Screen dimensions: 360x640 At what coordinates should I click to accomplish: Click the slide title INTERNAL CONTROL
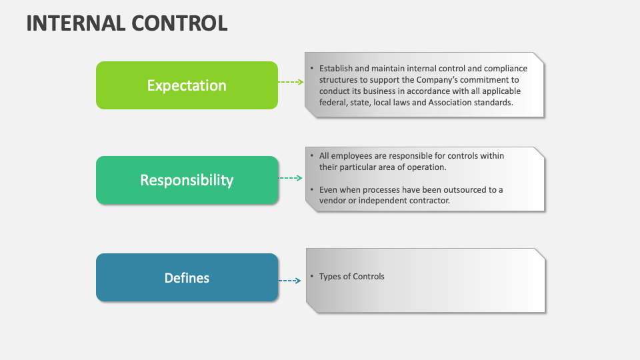127,23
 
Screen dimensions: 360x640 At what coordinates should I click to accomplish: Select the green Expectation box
187,85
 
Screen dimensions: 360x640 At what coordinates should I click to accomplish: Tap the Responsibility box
187,180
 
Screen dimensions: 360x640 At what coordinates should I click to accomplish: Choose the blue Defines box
187,277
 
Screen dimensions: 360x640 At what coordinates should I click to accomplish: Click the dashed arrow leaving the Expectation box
291,81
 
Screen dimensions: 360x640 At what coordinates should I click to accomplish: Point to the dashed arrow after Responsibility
291,178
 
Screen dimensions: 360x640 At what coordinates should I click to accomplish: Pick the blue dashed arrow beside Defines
291,281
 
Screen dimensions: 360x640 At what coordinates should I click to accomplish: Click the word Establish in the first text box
337,69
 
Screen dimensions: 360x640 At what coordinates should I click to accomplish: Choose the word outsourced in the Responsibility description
462,190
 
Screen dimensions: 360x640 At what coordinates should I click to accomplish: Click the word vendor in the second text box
333,201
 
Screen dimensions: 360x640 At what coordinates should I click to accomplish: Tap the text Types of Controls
351,277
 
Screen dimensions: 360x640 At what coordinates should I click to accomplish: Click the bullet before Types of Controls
311,277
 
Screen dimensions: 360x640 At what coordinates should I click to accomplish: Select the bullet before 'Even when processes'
311,190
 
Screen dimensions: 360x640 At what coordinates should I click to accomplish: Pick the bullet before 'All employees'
311,156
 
